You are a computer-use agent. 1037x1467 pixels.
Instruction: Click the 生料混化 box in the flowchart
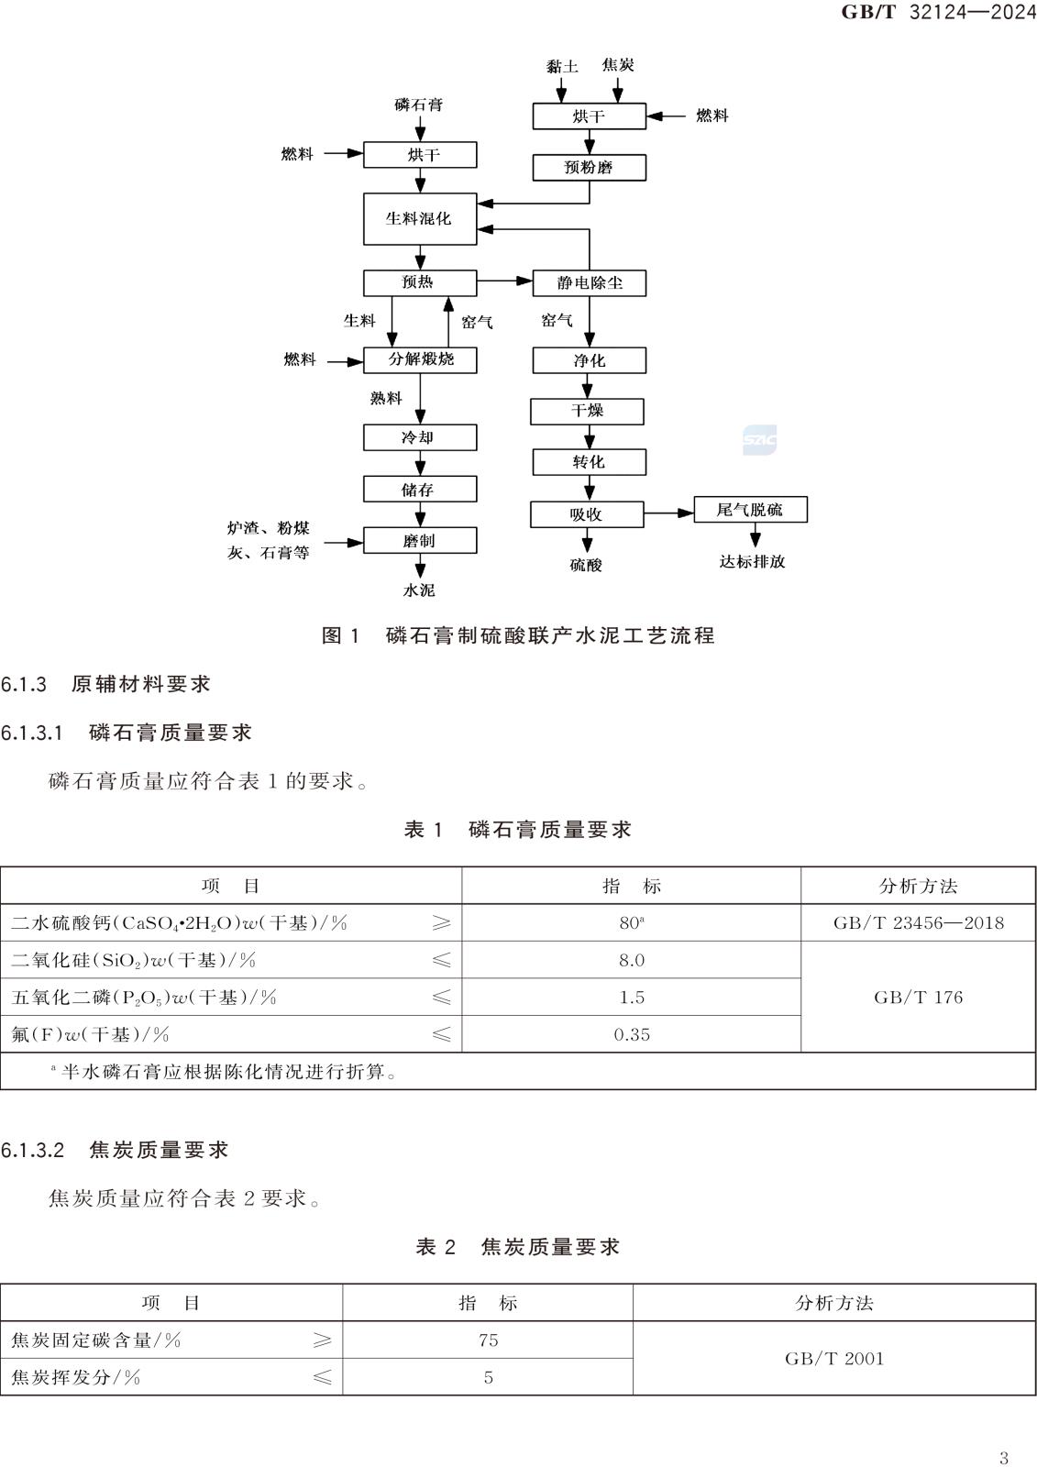click(x=419, y=218)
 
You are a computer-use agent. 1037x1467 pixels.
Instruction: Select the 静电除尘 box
click(x=589, y=282)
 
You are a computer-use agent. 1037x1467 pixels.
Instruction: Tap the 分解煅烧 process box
click(x=420, y=359)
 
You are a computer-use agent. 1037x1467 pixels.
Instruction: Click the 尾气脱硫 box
click(x=749, y=510)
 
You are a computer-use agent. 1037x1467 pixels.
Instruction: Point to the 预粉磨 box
click(x=589, y=167)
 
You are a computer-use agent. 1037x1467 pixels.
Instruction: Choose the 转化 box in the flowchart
click(x=589, y=462)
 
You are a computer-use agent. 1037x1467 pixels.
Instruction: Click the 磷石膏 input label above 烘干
click(x=419, y=105)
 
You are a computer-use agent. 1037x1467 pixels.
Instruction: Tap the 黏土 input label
click(x=561, y=66)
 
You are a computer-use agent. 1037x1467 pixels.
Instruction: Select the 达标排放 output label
click(x=752, y=561)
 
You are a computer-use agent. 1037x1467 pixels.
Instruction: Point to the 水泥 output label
click(x=419, y=590)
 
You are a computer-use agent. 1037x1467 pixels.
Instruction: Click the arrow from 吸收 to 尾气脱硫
click(x=668, y=513)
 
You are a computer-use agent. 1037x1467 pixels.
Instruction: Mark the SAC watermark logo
click(x=759, y=440)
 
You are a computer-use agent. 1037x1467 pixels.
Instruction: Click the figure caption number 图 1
click(x=341, y=635)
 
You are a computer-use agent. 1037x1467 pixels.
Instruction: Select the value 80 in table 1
click(x=629, y=923)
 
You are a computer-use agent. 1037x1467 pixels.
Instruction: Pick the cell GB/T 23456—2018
click(x=918, y=923)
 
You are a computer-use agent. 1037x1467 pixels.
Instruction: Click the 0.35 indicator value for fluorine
click(x=632, y=1034)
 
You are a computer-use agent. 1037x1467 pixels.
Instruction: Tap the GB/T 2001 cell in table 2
click(x=834, y=1359)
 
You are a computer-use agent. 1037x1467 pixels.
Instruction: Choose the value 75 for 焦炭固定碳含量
click(x=488, y=1340)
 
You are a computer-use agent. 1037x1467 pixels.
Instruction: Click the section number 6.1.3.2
click(x=33, y=1150)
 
